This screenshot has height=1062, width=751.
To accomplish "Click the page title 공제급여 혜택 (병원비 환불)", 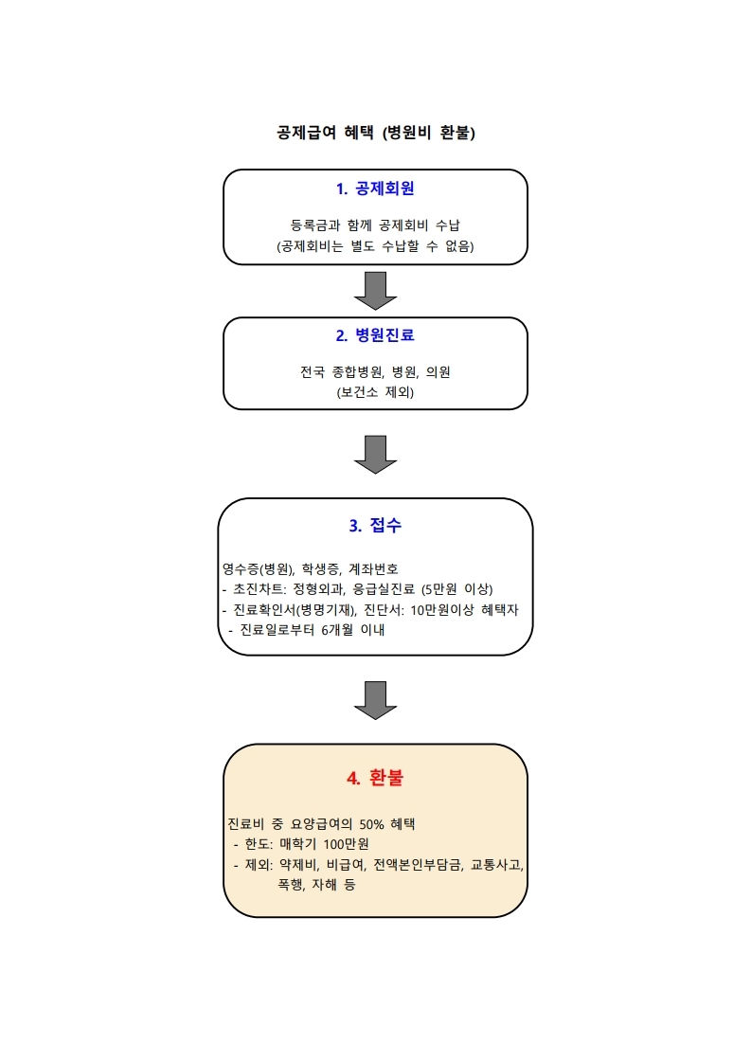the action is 375,132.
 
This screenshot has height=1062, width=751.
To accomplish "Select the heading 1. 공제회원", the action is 375,189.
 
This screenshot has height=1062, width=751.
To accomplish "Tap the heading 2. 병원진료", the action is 375,334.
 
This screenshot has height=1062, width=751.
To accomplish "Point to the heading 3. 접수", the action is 375,525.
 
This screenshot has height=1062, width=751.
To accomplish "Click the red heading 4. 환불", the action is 375,777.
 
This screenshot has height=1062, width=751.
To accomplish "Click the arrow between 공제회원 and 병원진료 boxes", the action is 375,291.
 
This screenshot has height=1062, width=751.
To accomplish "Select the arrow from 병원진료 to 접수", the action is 375,455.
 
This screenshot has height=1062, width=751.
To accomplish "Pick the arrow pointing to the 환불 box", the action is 375,700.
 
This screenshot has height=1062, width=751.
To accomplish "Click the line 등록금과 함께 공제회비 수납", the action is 375,225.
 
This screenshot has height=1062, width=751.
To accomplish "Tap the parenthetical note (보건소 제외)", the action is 375,391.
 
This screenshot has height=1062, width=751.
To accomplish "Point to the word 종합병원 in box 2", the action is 358,371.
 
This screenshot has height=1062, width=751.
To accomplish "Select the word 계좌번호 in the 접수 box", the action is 373,569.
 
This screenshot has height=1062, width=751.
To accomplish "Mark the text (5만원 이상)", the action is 457,589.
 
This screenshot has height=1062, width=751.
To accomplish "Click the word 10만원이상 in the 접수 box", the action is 442,609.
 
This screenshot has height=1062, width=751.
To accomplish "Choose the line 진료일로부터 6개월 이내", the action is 313,630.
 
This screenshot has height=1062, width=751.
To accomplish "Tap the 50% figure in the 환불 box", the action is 372,824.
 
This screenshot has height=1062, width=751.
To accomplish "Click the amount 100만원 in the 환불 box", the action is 346,844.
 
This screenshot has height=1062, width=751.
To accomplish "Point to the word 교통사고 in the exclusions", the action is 497,865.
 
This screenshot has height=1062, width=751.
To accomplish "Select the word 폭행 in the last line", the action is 291,885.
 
